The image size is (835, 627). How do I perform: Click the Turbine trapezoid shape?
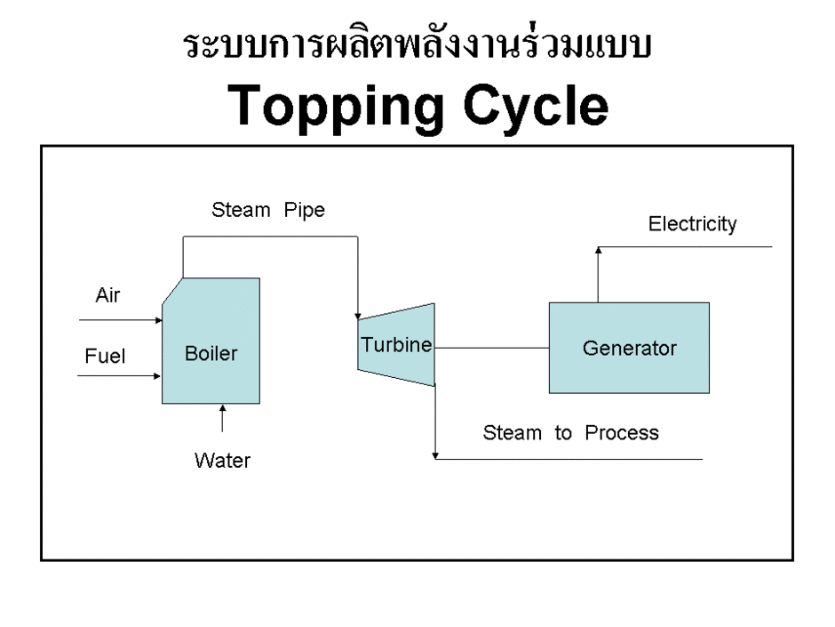396,345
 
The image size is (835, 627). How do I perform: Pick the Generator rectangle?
629,348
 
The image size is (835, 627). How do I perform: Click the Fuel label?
105,357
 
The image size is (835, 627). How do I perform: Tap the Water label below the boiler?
222,461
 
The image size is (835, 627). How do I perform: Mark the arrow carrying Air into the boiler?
119,319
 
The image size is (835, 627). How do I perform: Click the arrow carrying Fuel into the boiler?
119,376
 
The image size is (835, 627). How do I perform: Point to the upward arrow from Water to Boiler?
222,420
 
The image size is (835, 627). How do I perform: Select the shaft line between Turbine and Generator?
491,347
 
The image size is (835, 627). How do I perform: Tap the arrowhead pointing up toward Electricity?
598,252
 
